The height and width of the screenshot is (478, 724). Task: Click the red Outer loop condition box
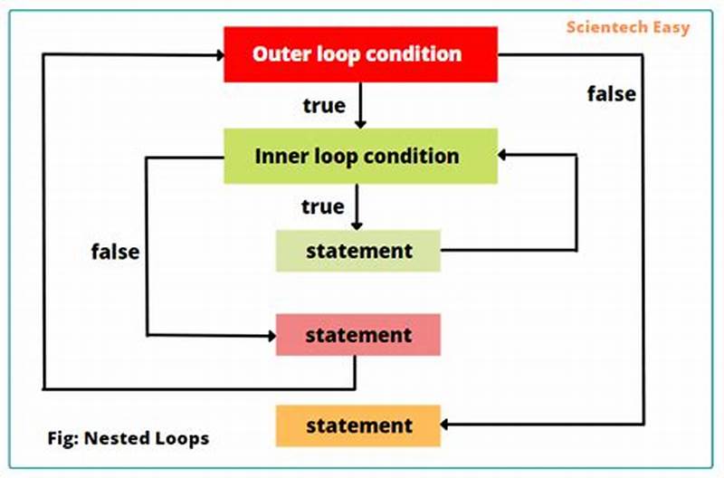point(360,53)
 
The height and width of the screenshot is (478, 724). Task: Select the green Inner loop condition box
point(360,156)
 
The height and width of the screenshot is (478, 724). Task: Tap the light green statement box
point(358,251)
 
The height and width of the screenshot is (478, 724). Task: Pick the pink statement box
point(358,335)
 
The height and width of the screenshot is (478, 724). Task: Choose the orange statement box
point(358,425)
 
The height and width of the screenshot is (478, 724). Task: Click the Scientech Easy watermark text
point(628,26)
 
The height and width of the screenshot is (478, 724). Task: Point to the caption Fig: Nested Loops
point(129,439)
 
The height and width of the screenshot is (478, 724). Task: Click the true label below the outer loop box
point(324,106)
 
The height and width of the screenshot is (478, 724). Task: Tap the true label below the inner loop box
point(323,206)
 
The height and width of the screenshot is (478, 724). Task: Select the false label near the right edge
point(612,93)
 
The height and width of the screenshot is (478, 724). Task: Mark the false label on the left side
point(116,252)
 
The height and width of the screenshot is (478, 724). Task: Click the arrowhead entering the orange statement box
point(447,425)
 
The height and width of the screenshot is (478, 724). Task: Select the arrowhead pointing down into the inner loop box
point(360,122)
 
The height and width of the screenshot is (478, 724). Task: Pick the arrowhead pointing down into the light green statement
point(358,224)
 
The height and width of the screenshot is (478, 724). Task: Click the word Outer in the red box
point(278,53)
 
